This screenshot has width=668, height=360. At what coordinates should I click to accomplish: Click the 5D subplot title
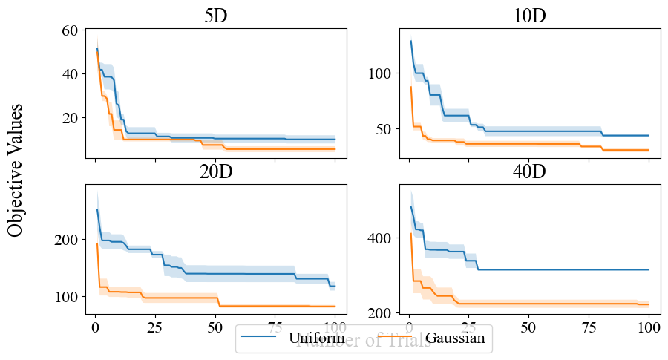point(215,16)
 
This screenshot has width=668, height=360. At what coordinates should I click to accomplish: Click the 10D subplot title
point(529,16)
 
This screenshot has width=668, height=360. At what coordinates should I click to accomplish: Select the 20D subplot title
point(215,171)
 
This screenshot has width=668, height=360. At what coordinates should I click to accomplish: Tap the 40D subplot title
point(529,171)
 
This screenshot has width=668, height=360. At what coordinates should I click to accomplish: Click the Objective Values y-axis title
point(16,170)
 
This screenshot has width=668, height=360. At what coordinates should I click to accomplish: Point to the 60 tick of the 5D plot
point(71,30)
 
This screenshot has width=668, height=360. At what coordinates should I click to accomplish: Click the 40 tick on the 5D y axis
point(71,74)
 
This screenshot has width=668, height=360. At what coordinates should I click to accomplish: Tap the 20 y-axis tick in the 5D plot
point(71,118)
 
